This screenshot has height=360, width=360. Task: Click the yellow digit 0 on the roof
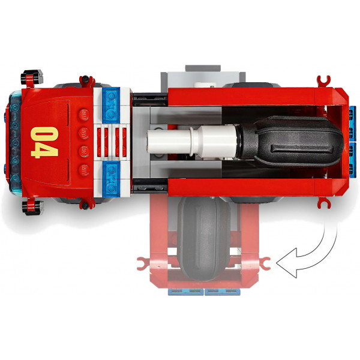[44, 133]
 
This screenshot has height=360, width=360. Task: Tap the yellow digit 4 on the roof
[44, 151]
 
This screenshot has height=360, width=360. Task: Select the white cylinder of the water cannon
[192, 142]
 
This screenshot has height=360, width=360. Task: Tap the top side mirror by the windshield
[32, 77]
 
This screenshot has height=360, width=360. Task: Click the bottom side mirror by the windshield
[32, 208]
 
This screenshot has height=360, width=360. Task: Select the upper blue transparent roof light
[111, 105]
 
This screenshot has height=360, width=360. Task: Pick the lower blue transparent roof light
[111, 179]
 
